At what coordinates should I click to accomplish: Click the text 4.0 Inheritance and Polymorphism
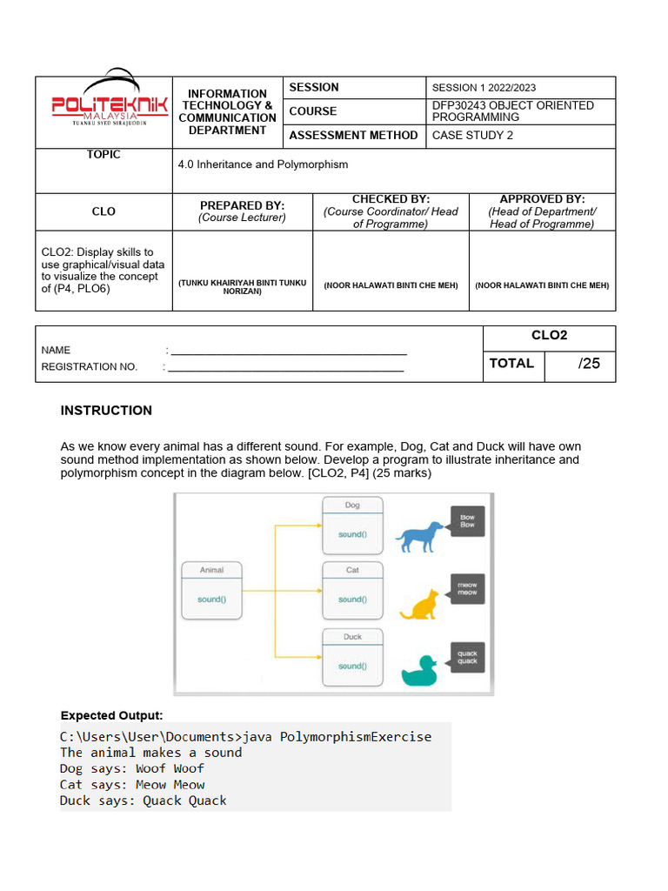(x=263, y=164)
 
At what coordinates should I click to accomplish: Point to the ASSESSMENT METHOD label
(x=353, y=135)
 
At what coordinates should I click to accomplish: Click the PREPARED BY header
(x=243, y=206)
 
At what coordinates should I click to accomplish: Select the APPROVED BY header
(x=542, y=199)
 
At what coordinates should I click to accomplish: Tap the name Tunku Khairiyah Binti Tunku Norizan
(x=243, y=286)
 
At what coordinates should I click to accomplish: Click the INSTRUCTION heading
(x=106, y=411)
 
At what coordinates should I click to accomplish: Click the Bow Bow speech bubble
(x=466, y=520)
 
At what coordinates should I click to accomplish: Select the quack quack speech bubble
(x=467, y=657)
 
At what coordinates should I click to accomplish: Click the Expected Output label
(x=111, y=715)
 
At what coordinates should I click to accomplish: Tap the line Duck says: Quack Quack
(x=143, y=801)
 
